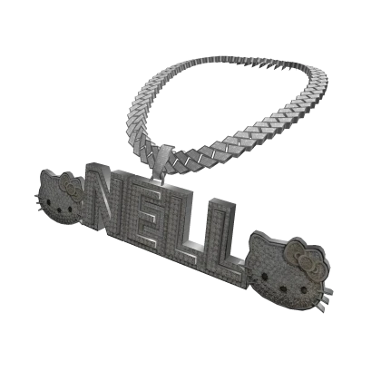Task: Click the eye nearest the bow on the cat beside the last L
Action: (303, 290)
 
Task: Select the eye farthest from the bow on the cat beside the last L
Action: (265, 276)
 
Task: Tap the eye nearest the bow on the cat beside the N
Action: (70, 209)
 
